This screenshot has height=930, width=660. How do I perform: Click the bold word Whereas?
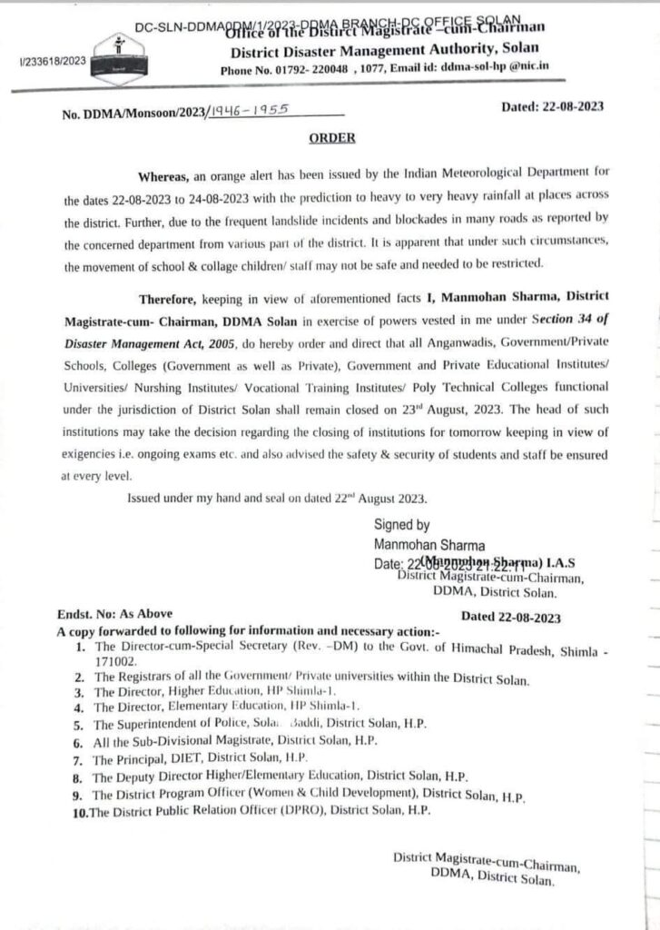pyautogui.click(x=165, y=173)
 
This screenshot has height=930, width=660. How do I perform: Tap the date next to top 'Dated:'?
pyautogui.click(x=574, y=106)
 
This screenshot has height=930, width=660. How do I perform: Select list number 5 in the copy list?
pyautogui.click(x=79, y=724)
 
